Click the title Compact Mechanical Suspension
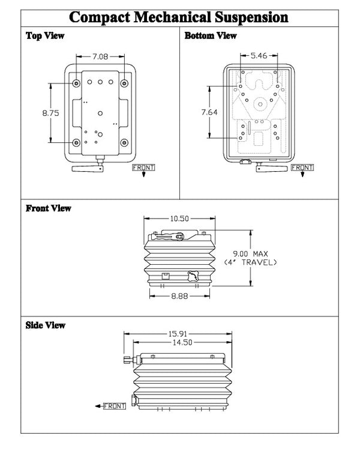179,16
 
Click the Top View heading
45,36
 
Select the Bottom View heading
210,36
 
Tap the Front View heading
48,208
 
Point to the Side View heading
46,325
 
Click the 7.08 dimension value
100,57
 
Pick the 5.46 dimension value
258,55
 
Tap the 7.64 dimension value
209,112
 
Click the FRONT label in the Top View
143,167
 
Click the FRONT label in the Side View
115,407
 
